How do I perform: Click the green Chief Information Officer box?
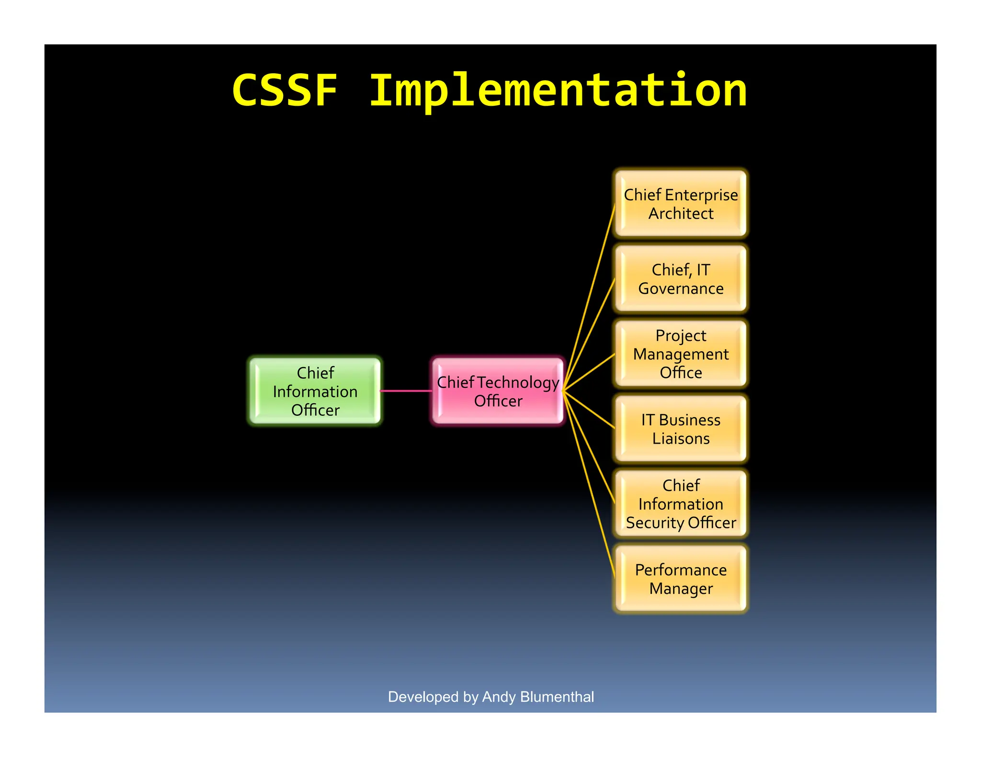click(315, 391)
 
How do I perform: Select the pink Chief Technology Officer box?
click(498, 391)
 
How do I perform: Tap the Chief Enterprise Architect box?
click(681, 204)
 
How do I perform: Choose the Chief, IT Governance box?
click(681, 278)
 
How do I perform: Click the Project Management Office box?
click(681, 354)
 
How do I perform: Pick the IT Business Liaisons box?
click(681, 429)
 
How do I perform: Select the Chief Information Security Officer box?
click(681, 503)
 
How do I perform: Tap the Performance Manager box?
click(681, 579)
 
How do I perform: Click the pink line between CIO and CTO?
click(406, 391)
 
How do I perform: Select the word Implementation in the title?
click(558, 91)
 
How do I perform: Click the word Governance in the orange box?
click(681, 289)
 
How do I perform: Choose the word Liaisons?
click(681, 438)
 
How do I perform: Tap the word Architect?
click(681, 213)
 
